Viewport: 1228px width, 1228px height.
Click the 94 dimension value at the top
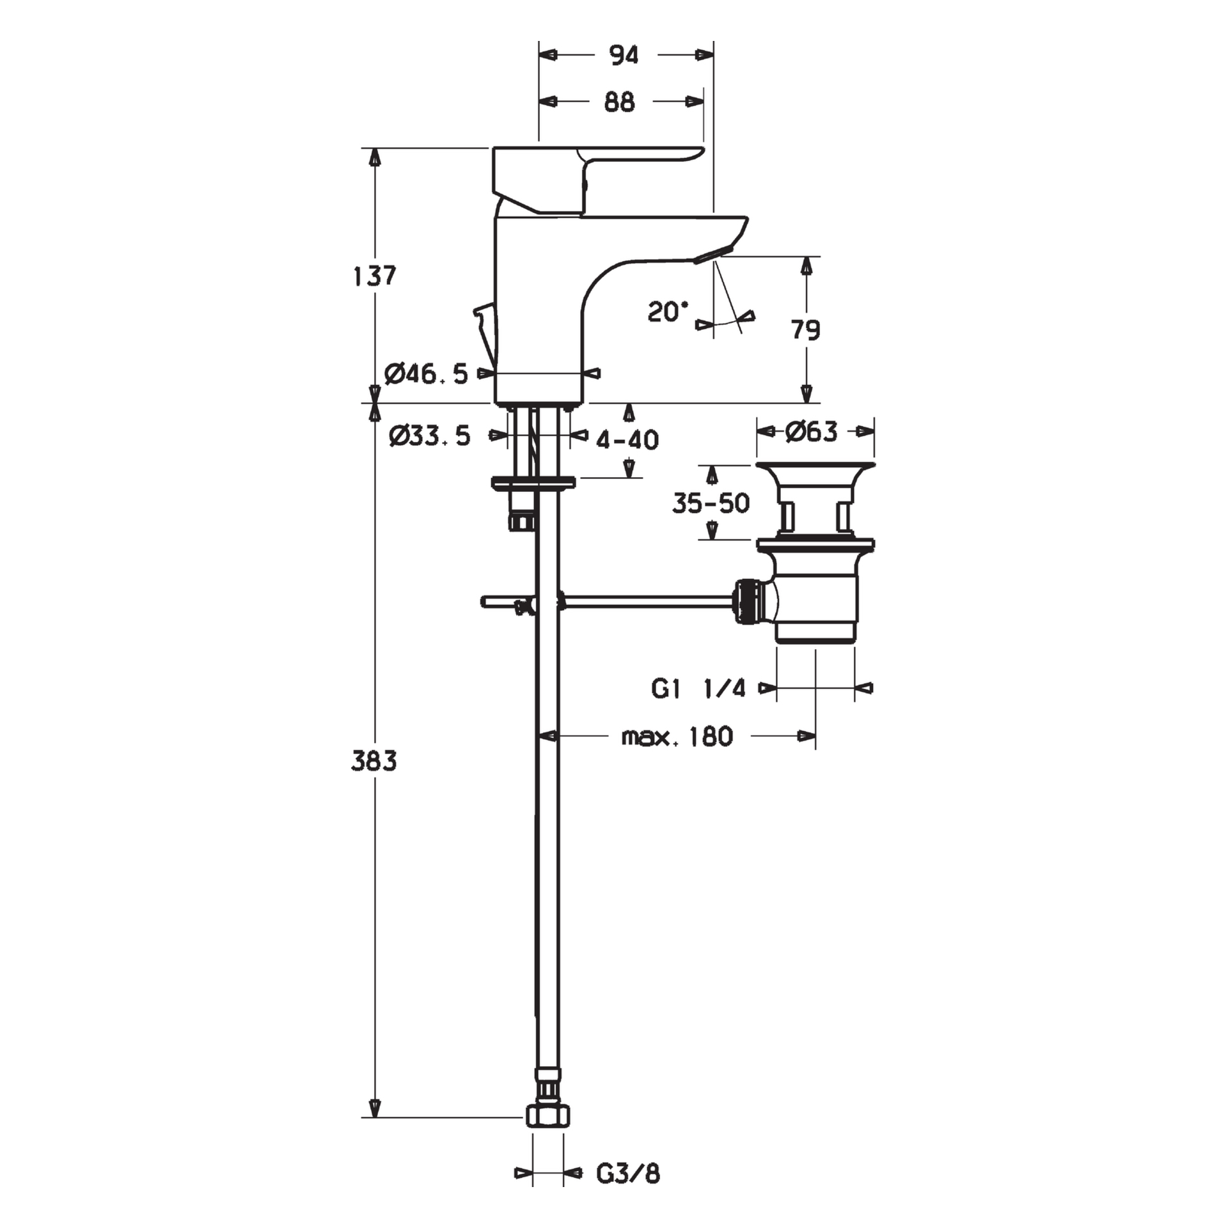(624, 56)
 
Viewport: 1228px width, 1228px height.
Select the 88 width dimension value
(619, 102)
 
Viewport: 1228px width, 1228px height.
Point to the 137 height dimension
(375, 276)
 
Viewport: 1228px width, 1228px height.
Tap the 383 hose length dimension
(374, 761)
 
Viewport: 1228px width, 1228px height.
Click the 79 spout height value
(806, 330)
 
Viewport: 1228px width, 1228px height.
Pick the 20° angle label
(668, 312)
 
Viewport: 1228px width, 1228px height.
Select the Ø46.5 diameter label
(427, 374)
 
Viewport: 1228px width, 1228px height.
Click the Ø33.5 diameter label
(430, 436)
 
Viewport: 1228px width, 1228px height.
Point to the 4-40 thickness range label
(627, 439)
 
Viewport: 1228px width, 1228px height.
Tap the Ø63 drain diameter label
(812, 432)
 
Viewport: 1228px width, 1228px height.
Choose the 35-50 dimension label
(711, 503)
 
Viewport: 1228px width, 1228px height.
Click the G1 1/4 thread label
(698, 689)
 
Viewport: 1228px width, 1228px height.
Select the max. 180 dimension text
(677, 737)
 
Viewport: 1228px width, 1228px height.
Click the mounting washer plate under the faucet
(533, 482)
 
